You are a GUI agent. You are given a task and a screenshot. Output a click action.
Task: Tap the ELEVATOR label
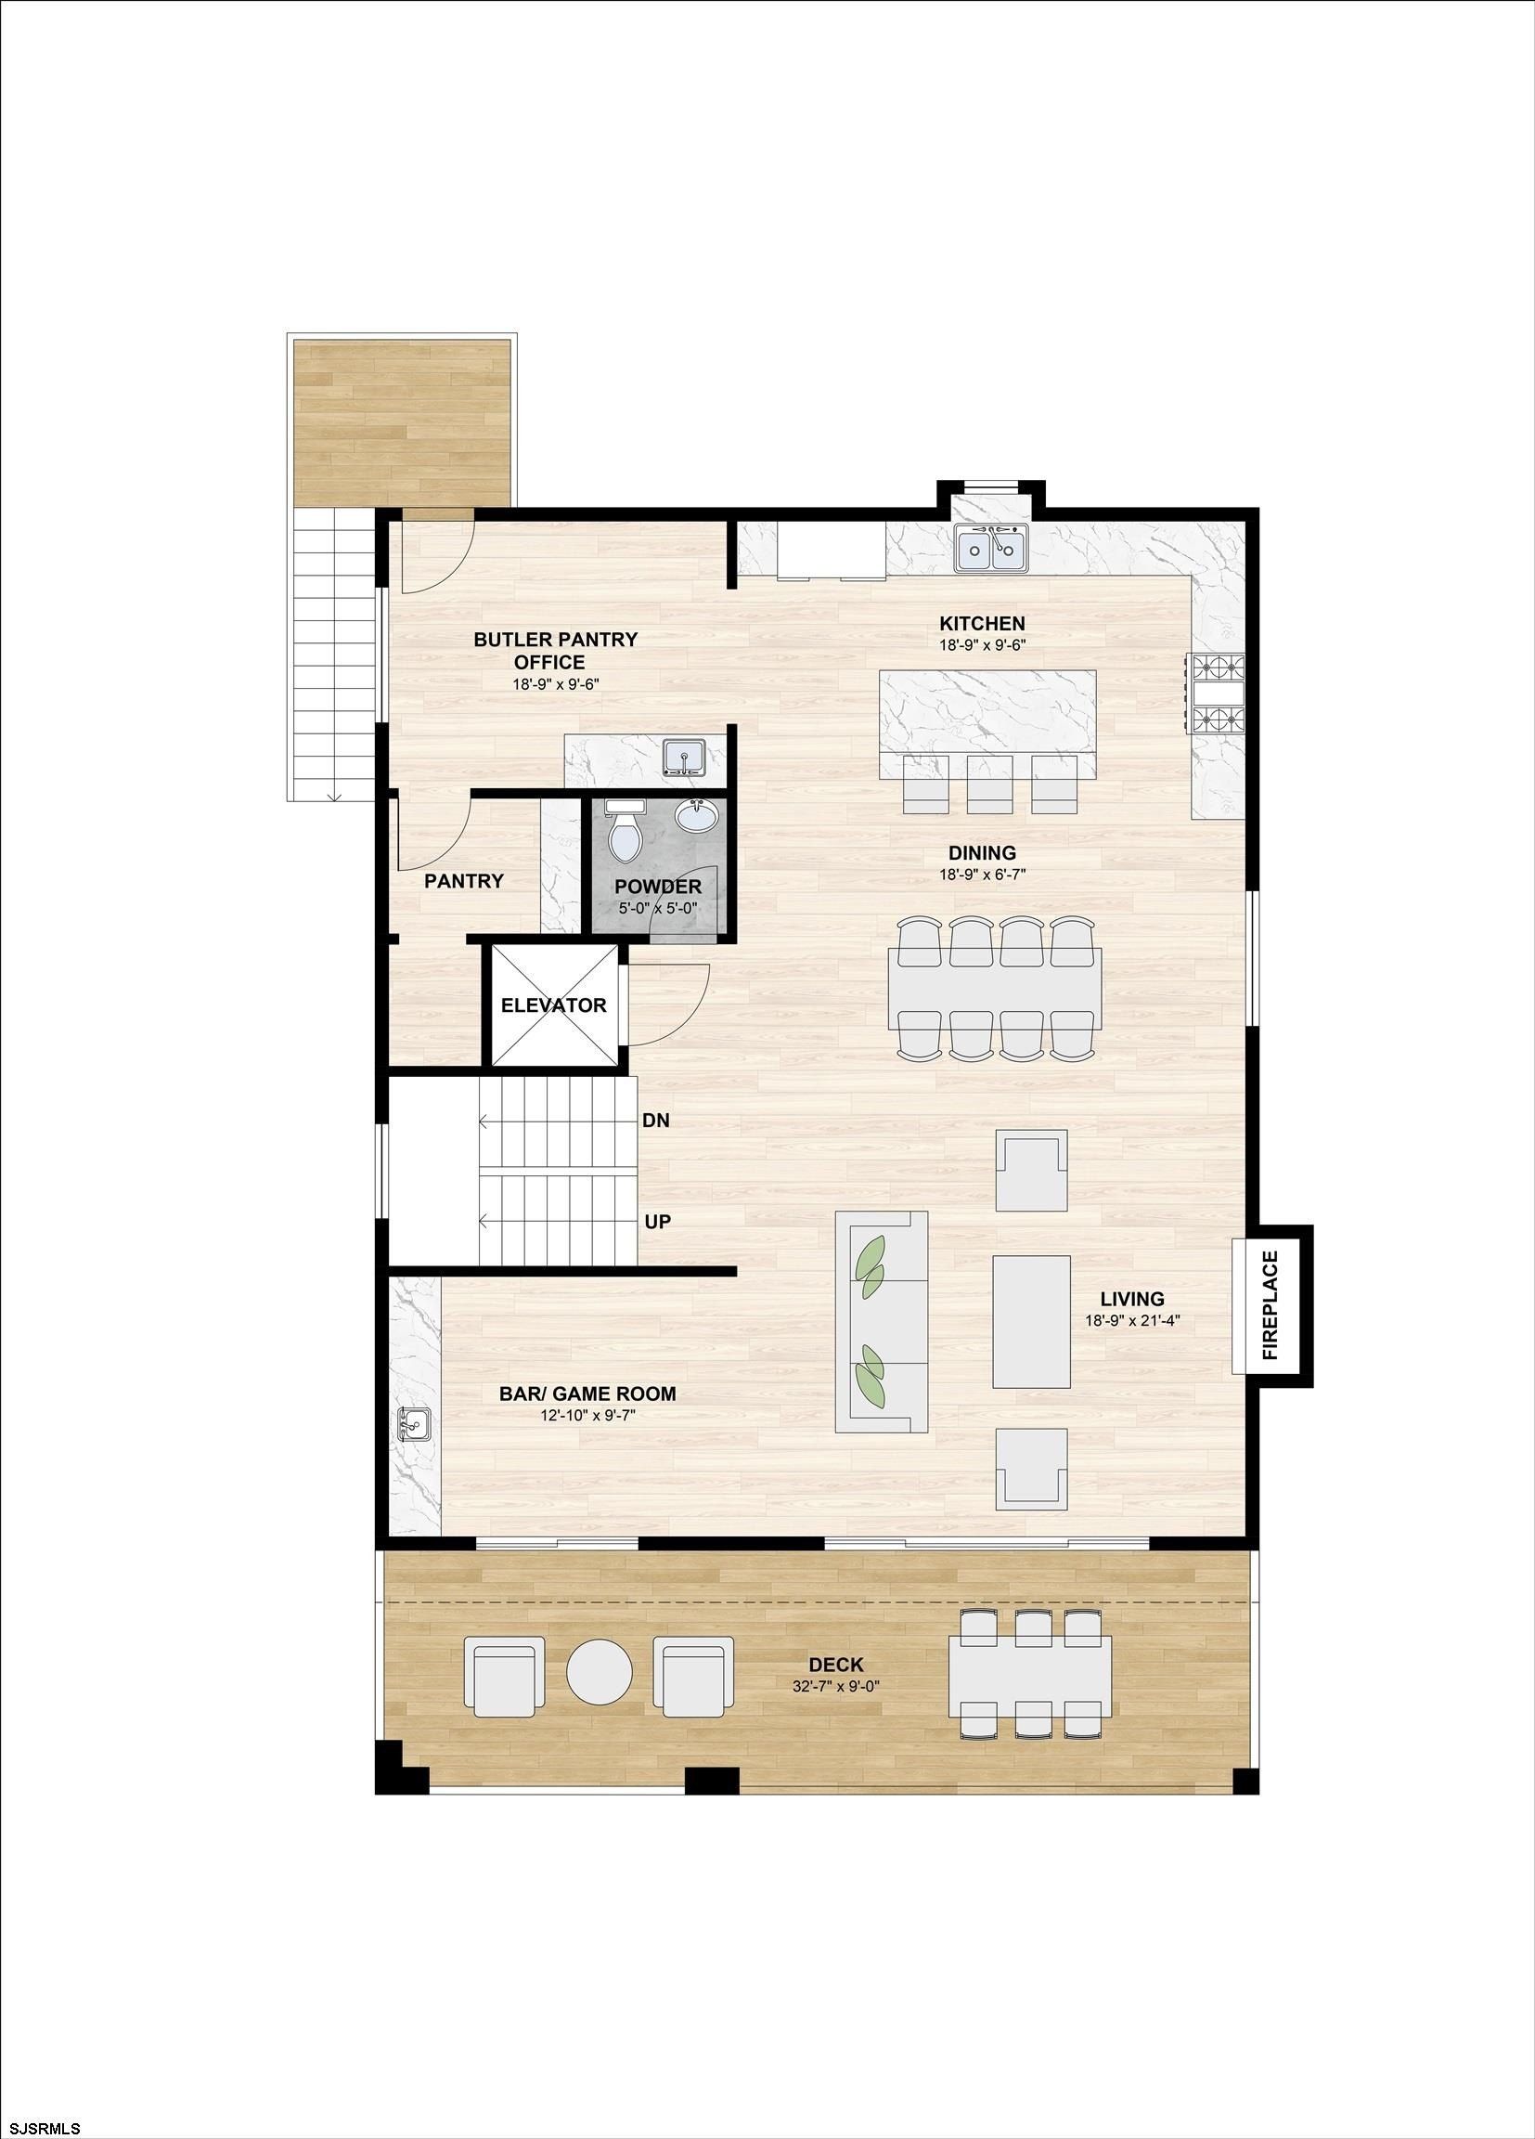[x=553, y=1005]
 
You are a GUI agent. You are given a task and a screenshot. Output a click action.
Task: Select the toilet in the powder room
[x=624, y=828]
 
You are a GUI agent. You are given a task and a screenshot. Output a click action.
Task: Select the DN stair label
[x=656, y=1121]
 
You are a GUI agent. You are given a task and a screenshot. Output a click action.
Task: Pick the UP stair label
[x=657, y=1223]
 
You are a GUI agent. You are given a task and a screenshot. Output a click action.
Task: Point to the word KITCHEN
[x=982, y=623]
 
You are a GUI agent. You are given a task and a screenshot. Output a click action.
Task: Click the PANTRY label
[x=464, y=881]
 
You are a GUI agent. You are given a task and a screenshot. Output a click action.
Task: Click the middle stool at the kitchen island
[x=990, y=784]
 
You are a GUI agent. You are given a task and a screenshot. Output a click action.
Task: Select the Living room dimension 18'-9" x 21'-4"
[x=1132, y=1321]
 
